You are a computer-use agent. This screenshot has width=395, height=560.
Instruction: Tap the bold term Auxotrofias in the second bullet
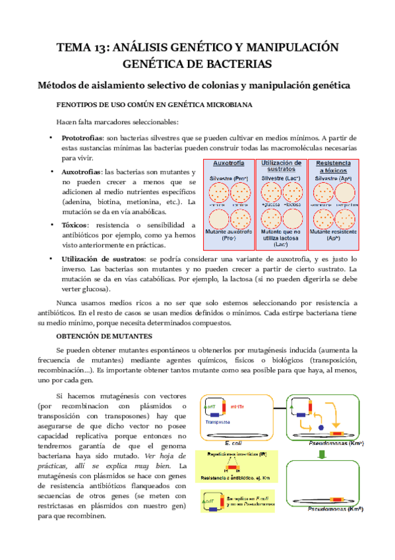coord(82,172)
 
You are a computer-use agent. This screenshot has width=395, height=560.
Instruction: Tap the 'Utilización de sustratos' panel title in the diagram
coord(282,166)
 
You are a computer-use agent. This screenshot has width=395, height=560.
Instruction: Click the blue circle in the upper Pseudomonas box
coord(321,428)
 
